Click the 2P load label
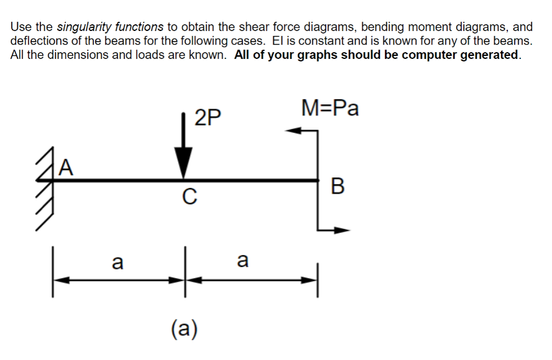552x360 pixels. click(207, 117)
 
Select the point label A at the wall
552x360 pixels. click(67, 168)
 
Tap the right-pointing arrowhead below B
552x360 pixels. click(343, 230)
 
